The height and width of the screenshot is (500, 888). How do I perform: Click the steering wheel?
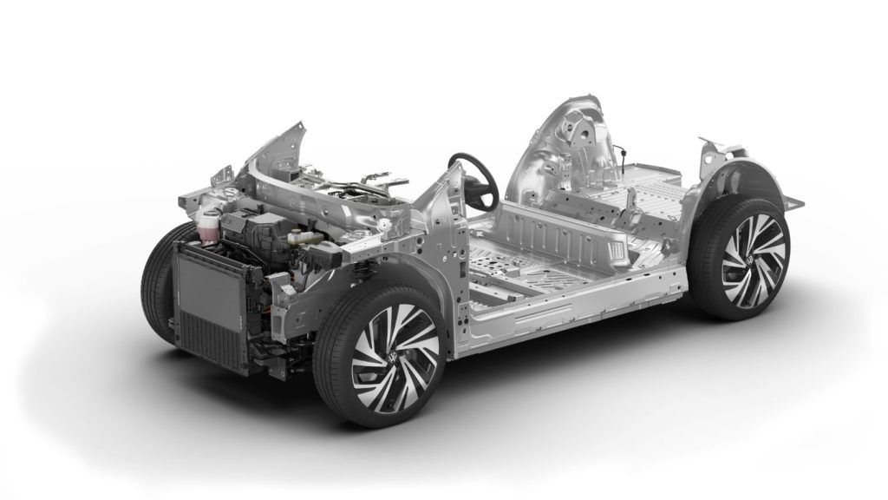click(x=474, y=178)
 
